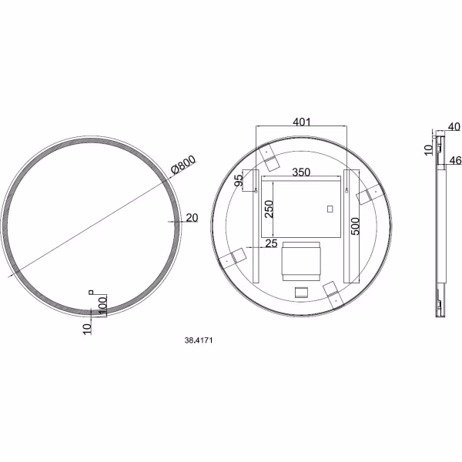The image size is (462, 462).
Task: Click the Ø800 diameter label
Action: (183, 165)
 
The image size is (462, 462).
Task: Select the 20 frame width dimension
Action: (192, 218)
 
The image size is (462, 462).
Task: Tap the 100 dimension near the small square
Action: (102, 307)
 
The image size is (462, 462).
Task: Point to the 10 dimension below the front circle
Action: (88, 329)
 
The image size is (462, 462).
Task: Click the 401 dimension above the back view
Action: (301, 122)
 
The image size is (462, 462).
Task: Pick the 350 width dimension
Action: (301, 172)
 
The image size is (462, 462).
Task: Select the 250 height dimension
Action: (269, 209)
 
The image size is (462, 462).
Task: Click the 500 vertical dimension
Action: (356, 226)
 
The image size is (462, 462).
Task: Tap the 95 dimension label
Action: (239, 180)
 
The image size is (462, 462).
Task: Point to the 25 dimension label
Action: (271, 243)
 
